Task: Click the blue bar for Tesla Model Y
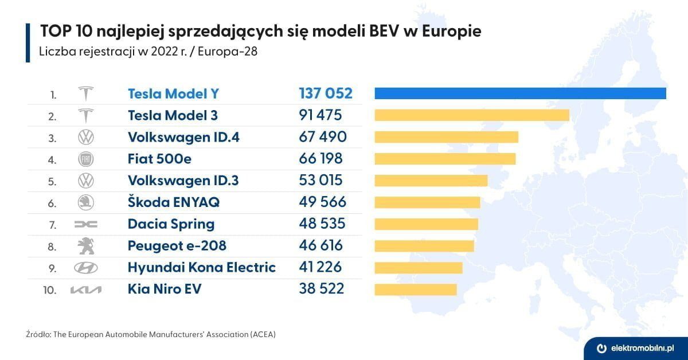point(520,93)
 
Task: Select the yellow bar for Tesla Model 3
point(471,115)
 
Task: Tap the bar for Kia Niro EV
point(415,289)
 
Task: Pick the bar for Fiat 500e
point(445,159)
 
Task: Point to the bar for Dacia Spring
point(426,224)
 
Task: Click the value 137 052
point(325,93)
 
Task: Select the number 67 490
point(322,137)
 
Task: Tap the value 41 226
point(320,268)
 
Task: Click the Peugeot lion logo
point(86,246)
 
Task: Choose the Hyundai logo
point(86,268)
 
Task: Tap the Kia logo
point(86,290)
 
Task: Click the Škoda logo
point(86,202)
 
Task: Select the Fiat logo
point(86,159)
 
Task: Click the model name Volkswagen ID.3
point(183,181)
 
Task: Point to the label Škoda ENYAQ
point(173,202)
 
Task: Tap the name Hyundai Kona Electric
point(201,268)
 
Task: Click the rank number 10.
point(50,290)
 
